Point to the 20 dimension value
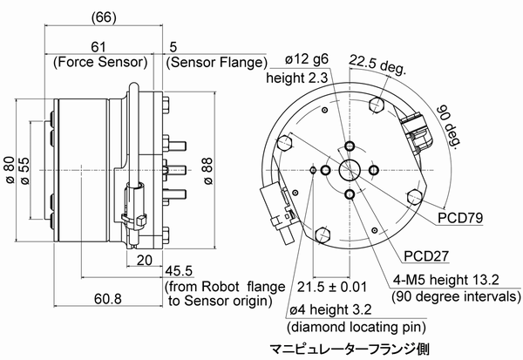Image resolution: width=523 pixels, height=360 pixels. (x=145, y=260)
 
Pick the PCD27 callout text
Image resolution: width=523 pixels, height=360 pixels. (x=427, y=256)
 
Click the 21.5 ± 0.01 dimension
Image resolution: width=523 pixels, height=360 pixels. (x=329, y=286)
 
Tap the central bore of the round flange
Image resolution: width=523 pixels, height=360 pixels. (x=350, y=169)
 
